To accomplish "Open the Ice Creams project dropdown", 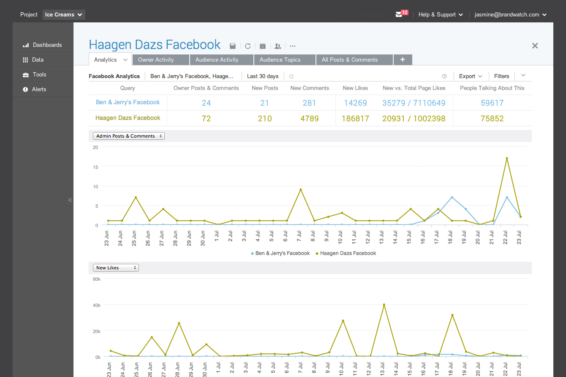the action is [64, 15].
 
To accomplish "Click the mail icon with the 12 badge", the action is [399, 15].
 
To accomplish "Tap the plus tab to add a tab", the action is [403, 60].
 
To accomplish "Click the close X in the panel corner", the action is [535, 46].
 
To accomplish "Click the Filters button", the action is [501, 76].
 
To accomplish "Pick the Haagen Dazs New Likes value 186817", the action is [355, 119].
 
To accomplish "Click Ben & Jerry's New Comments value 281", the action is [309, 103].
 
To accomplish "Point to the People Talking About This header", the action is [492, 88].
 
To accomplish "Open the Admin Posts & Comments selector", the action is [128, 136].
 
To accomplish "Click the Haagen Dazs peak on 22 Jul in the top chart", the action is [507, 158].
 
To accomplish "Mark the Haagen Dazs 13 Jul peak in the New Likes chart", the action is [384, 305].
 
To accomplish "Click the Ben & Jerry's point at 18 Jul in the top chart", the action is [452, 197].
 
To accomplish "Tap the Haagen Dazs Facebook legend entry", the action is [346, 253].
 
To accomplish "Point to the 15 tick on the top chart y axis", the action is [95, 167].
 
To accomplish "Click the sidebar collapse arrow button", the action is [70, 200].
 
